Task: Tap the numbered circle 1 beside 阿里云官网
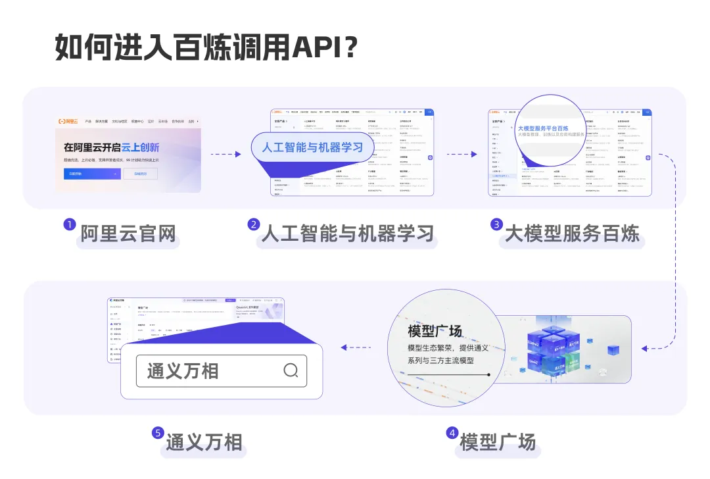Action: [x=68, y=224]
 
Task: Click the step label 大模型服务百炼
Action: [x=573, y=234]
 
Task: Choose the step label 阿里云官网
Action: [x=128, y=234]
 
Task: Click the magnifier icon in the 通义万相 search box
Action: [x=291, y=370]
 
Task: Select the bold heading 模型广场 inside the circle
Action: [x=435, y=331]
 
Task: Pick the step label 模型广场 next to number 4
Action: [x=498, y=441]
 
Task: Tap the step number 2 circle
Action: [x=253, y=224]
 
